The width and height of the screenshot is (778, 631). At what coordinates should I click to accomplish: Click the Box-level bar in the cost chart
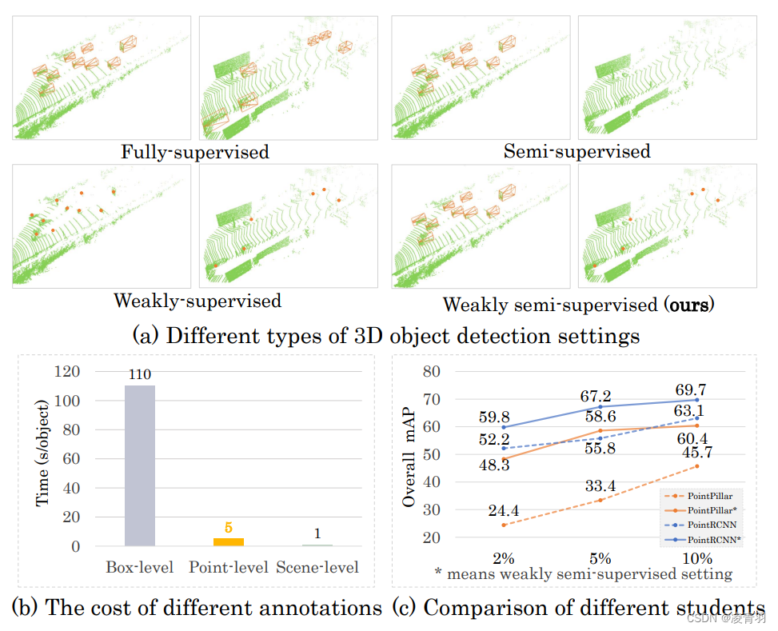pos(140,465)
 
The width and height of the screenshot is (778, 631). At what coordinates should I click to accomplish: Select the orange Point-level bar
pos(228,541)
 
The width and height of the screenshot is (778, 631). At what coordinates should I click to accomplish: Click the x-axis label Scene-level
pos(317,568)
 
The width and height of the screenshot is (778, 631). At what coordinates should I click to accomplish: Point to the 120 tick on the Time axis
pos(66,372)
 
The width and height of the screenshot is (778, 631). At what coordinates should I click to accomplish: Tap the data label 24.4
pos(505,510)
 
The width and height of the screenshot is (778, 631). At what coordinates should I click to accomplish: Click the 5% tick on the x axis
pos(600,557)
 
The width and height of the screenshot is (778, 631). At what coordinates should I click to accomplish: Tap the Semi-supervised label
pos(577,151)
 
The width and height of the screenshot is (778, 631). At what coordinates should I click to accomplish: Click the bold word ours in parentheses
pos(688,305)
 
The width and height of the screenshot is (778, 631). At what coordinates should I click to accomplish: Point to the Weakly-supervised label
pos(197,301)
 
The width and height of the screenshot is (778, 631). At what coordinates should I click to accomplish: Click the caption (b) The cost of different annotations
pos(197,608)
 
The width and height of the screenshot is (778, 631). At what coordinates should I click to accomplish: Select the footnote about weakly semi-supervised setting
pos(583,573)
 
